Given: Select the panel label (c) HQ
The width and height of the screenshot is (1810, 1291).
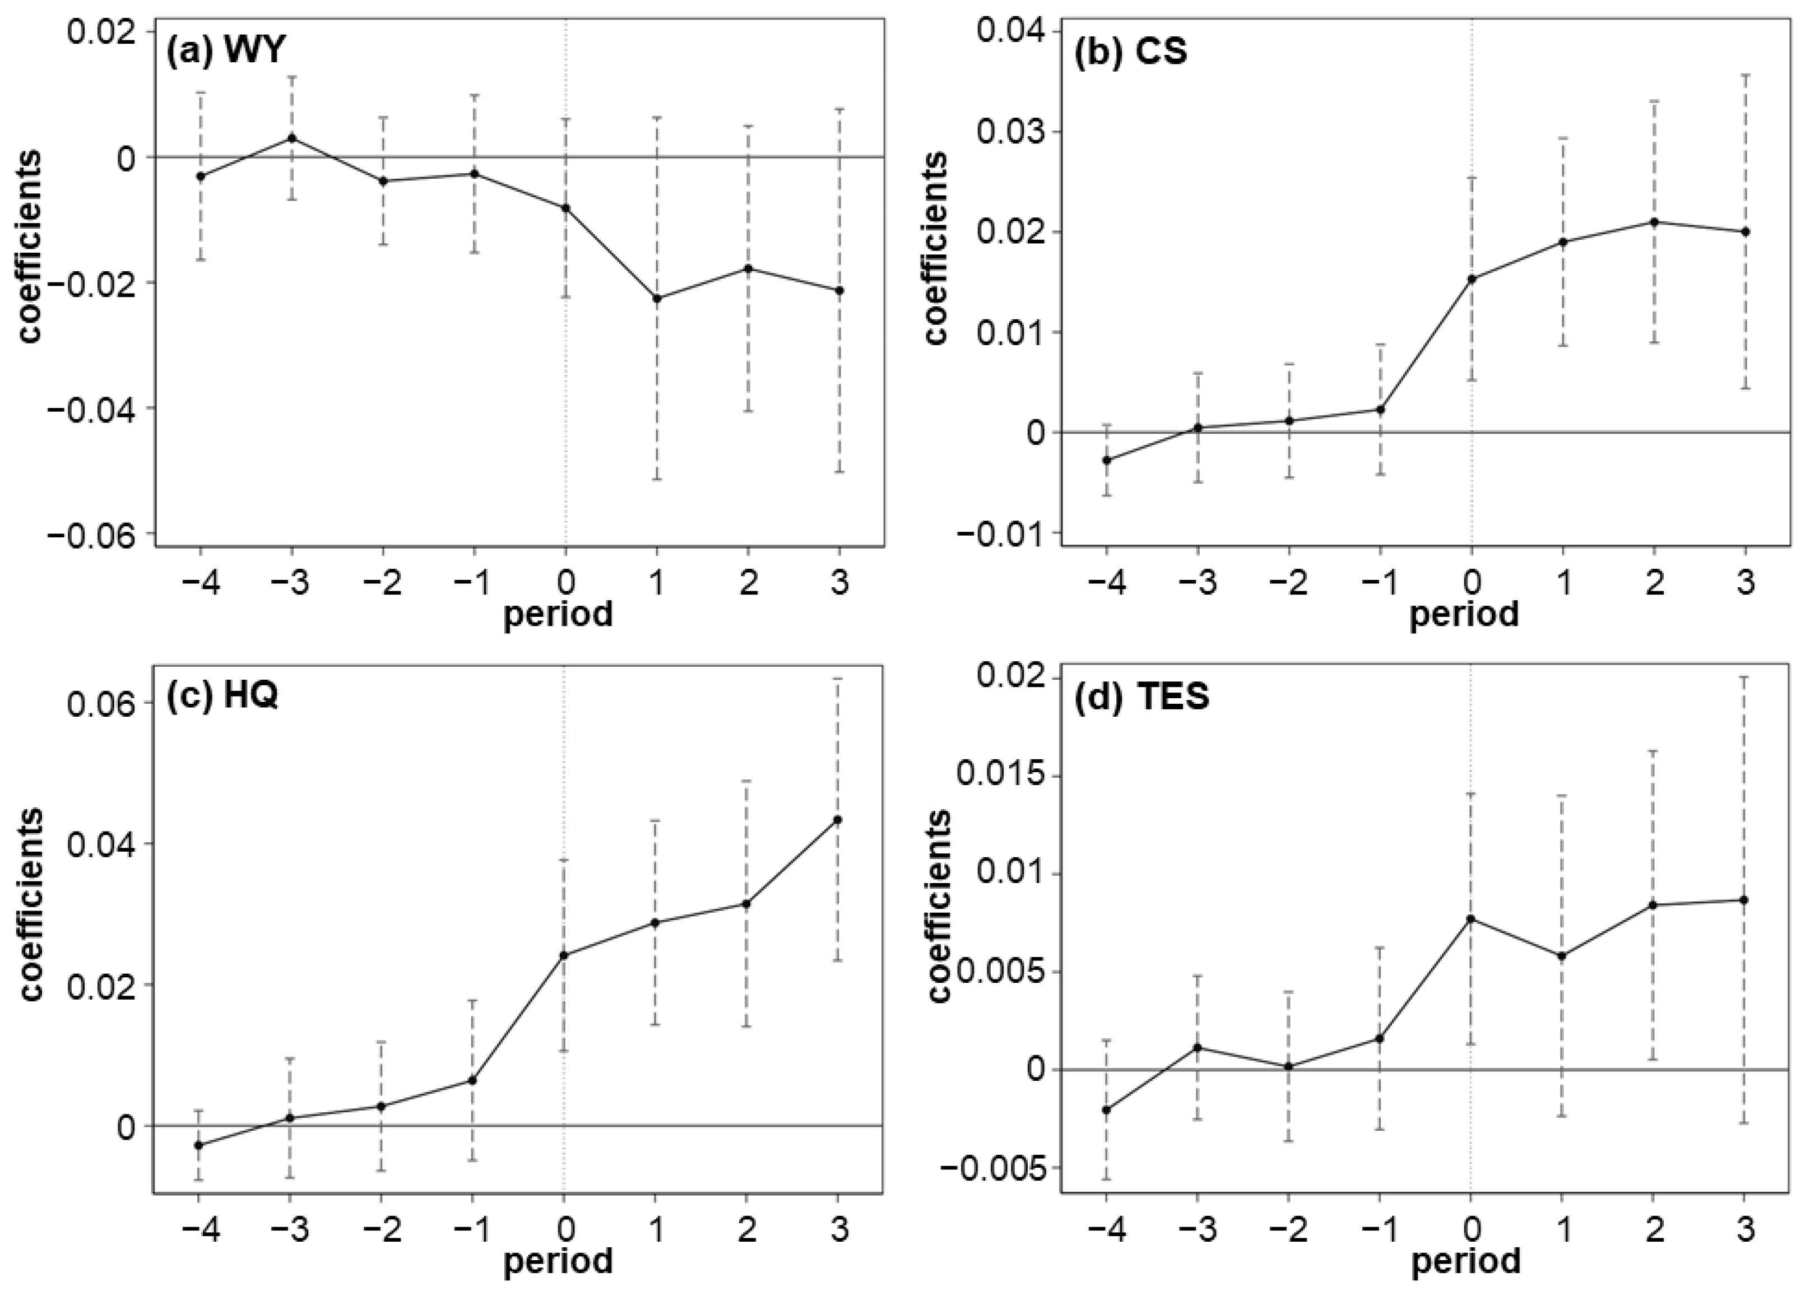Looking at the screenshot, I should click(222, 696).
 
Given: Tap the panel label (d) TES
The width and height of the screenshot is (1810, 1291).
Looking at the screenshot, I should click(1141, 697).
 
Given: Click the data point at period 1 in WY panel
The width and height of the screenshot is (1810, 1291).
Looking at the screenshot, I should click(657, 298).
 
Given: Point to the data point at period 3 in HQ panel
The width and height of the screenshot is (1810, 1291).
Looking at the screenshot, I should click(838, 820).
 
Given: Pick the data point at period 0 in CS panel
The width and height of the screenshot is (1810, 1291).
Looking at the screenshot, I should click(1472, 279).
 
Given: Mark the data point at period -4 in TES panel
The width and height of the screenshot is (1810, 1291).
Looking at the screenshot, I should click(1106, 1110).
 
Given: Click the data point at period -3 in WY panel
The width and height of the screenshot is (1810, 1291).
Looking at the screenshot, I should click(292, 137).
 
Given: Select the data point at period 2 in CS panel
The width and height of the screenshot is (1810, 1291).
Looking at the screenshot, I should click(1654, 222).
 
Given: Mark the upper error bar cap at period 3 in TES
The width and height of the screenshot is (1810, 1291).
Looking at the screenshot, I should click(1745, 677).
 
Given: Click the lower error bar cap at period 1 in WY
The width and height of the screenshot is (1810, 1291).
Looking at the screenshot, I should click(657, 479).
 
